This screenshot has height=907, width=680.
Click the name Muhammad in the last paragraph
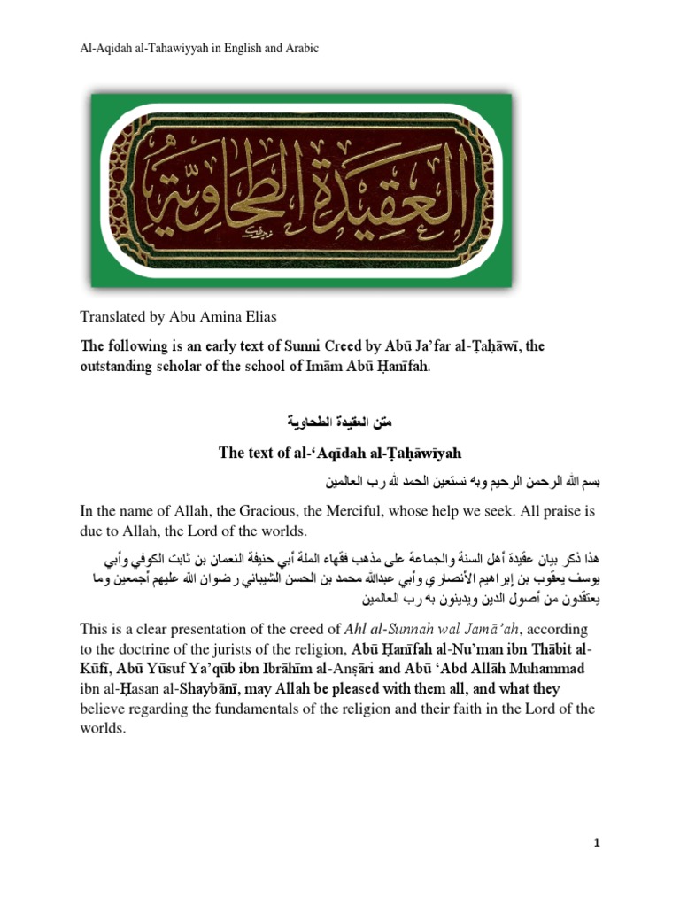(x=551, y=668)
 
